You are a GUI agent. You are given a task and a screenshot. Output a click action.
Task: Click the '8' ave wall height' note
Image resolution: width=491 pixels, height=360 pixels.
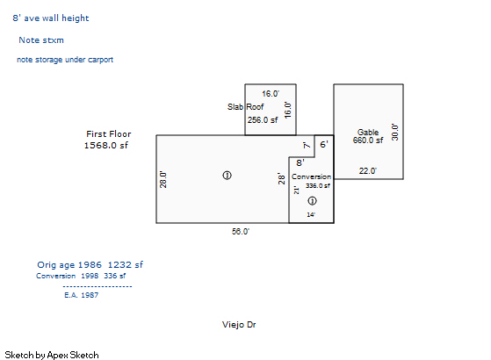coord(51,18)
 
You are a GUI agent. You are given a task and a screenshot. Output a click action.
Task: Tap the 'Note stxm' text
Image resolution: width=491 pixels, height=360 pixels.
coord(41,40)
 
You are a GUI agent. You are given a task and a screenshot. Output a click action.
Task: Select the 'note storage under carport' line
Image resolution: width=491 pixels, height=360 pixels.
coord(65,60)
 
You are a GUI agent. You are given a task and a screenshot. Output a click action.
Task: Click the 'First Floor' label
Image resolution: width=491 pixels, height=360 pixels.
coord(109,134)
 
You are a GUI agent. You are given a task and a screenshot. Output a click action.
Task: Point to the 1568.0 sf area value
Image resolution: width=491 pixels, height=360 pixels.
coord(106,145)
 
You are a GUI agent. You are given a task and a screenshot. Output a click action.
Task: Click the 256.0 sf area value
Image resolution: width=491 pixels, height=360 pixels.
coord(263,120)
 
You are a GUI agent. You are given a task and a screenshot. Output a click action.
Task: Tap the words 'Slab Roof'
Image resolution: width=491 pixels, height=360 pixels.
coord(246,107)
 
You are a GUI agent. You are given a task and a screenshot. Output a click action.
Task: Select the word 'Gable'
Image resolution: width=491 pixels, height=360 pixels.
coord(368,132)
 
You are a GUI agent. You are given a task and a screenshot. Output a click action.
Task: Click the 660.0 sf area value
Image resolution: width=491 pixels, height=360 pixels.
coord(368,140)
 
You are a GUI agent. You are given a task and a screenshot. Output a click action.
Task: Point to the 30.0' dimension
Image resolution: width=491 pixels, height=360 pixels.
coord(395,132)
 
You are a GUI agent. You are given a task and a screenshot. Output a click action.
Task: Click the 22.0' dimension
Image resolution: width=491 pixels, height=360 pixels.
coord(368,171)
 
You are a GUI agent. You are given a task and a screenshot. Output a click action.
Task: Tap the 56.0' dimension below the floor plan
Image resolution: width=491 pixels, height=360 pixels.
coord(241,231)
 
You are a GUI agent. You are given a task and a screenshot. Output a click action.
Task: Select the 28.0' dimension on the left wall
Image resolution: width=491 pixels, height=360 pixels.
coord(163,179)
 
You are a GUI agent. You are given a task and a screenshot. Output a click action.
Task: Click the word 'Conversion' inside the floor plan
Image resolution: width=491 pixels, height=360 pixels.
coord(311,176)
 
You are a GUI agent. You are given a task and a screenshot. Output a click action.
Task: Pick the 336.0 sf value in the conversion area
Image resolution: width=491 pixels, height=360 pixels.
coord(318,185)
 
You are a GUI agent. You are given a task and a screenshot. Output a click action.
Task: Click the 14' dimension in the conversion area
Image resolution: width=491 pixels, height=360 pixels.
coord(311,215)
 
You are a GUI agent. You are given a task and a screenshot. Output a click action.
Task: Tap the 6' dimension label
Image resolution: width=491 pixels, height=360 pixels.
coord(324,144)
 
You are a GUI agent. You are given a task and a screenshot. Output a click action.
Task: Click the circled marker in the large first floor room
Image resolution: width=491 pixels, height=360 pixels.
coord(227,176)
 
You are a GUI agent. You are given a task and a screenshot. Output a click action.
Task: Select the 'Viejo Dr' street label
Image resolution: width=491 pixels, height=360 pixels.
coord(239,325)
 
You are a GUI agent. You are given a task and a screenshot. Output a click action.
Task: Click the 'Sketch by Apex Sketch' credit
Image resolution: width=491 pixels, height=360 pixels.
coord(52,355)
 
